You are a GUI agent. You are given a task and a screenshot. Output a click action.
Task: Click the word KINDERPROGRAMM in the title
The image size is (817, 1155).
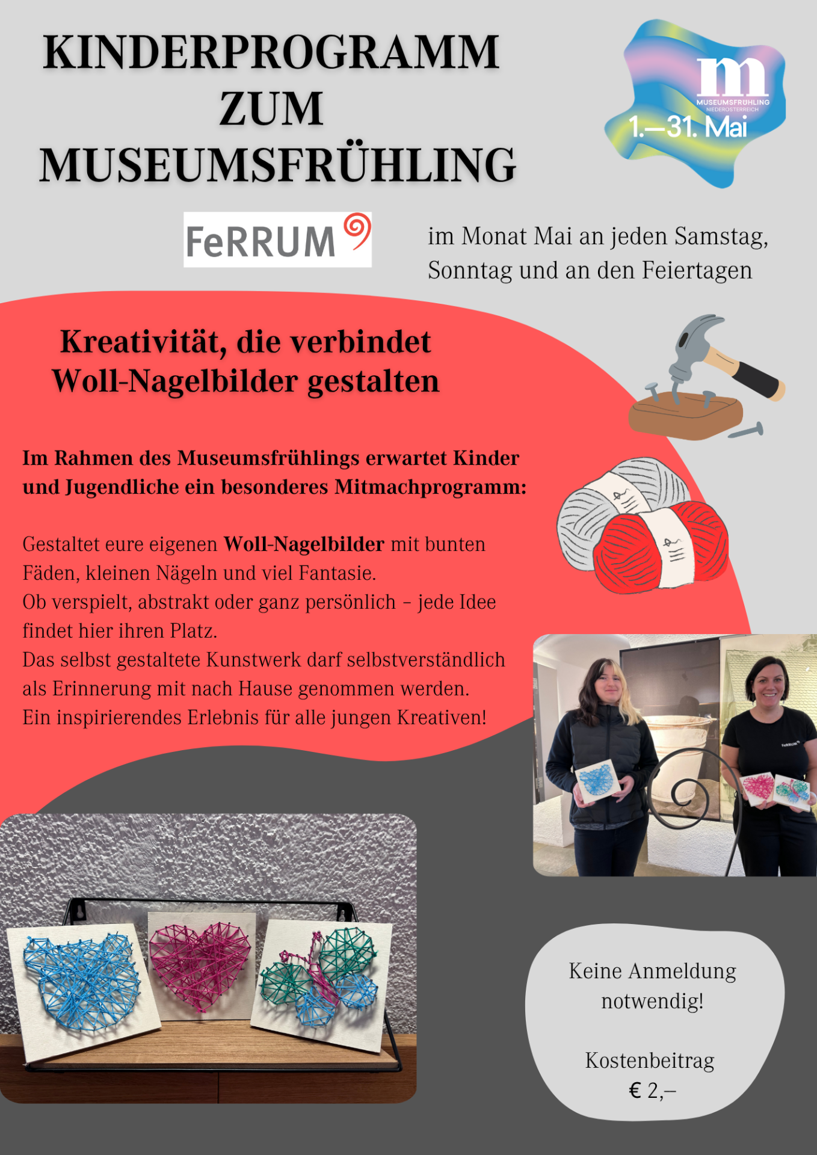pos(271,53)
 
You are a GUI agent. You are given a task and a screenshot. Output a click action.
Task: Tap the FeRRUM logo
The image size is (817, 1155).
pos(277,239)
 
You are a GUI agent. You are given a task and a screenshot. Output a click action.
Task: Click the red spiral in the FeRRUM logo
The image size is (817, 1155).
pos(357,230)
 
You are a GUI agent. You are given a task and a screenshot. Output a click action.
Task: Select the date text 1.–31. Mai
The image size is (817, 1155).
pos(688,127)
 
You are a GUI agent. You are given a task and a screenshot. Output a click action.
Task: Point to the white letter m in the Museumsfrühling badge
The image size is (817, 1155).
pos(732,76)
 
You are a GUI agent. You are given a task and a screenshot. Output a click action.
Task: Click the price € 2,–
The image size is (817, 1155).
pos(652,1091)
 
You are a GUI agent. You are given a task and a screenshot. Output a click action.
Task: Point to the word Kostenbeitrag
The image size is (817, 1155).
pos(650,1061)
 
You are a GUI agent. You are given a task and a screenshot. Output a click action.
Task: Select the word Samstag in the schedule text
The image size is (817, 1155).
pos(721,236)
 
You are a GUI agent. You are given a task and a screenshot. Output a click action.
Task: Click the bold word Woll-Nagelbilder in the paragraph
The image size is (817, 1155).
pos(304,544)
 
